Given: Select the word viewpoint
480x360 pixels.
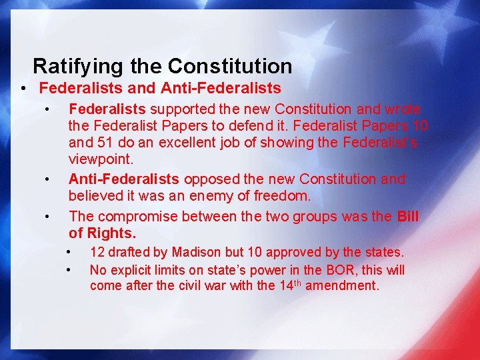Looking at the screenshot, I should (101, 160).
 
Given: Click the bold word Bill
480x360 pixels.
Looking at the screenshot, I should (407, 216).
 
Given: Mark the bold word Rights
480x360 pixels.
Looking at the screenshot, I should (115, 233).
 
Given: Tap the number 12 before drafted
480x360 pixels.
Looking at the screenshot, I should (97, 252).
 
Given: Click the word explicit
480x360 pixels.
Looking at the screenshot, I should (132, 270).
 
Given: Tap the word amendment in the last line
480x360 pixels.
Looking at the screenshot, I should (345, 286).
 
